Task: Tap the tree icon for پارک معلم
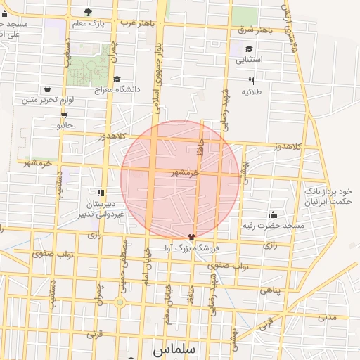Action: click(88, 12)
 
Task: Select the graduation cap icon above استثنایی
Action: click(249, 49)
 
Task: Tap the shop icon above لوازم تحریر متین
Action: click(46, 89)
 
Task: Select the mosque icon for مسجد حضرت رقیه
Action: click(274, 214)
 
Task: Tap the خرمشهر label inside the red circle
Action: click(186, 172)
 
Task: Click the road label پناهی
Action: click(271, 290)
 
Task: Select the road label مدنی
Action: click(328, 317)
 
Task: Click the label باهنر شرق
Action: click(255, 30)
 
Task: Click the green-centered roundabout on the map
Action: click(120, 302)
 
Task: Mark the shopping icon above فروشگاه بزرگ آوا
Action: click(191, 237)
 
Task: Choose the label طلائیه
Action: click(252, 92)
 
